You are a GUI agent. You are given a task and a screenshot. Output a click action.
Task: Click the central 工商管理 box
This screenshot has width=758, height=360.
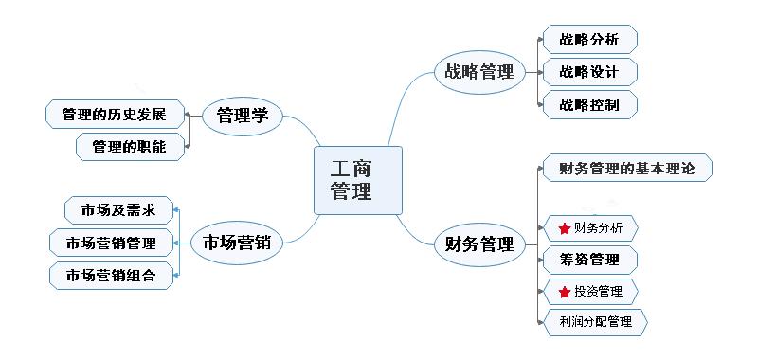coord(357,180)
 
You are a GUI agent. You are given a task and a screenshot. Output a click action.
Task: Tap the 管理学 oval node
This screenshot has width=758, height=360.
coord(244,116)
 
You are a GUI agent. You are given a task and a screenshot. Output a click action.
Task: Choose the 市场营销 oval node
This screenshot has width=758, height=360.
coord(237,242)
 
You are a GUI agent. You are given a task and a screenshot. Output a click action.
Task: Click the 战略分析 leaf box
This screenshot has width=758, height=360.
coord(589,40)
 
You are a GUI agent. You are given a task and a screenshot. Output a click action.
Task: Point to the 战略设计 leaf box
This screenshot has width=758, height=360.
coord(589,72)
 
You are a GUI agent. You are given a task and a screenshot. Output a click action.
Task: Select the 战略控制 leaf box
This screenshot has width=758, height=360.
coord(589,104)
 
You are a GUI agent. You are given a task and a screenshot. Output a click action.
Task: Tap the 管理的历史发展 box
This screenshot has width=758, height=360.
coord(114,116)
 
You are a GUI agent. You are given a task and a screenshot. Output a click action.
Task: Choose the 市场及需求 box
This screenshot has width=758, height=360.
coord(118,209)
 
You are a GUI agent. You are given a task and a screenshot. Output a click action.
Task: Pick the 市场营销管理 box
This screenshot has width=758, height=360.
coord(112,243)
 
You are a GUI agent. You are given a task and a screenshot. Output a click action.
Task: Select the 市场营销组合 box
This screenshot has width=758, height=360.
coord(112,276)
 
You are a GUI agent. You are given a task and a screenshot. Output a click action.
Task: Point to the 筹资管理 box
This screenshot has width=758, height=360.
coord(589,260)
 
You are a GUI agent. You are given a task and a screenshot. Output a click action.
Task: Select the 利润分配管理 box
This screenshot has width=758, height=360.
coord(595,322)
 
